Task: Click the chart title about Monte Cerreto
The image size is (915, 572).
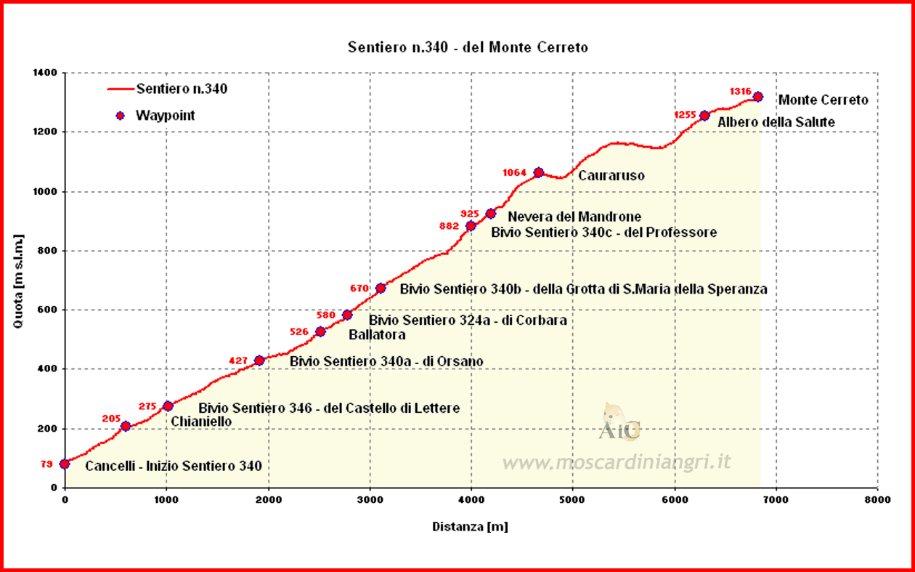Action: tap(468, 48)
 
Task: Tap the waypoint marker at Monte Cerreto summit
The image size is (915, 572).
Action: tap(757, 97)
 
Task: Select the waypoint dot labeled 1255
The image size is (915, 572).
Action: tap(704, 116)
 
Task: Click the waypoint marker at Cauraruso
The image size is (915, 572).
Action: tap(538, 172)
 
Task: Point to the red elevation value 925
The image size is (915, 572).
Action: tap(470, 214)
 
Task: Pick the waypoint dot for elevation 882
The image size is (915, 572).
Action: tap(471, 226)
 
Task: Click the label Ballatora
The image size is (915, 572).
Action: tap(377, 335)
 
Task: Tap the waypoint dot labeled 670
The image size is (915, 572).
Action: tap(381, 289)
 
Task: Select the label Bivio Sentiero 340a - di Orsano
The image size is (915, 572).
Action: tap(386, 361)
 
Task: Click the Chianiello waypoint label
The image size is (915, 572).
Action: tap(201, 422)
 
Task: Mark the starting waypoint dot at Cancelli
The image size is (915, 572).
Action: tap(65, 464)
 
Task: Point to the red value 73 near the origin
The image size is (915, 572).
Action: tap(46, 464)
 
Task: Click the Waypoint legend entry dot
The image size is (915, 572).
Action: tap(121, 116)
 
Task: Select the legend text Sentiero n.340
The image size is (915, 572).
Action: tap(182, 89)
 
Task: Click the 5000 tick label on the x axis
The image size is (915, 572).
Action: tap(572, 501)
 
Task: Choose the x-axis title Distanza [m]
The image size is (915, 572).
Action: tap(470, 526)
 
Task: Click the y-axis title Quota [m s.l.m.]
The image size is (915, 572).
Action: tap(19, 281)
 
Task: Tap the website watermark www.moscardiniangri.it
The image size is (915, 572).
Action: tap(616, 462)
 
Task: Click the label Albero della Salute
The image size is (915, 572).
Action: tap(776, 122)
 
